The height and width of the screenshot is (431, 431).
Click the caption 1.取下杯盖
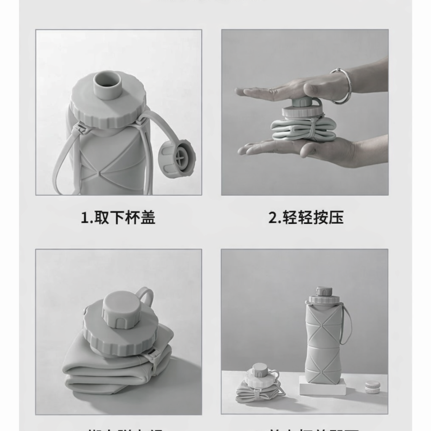point(118,218)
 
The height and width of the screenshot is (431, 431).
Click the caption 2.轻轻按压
point(306,218)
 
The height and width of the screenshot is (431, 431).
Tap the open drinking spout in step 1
point(107,85)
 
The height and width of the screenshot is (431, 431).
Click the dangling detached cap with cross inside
point(177,158)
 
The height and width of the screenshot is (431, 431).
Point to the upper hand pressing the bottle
point(295,88)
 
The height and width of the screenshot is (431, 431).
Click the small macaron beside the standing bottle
point(372,387)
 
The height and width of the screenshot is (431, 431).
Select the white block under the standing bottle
point(322,386)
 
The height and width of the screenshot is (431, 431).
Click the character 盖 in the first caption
point(148,218)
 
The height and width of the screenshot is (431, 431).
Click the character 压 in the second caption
point(336,218)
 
